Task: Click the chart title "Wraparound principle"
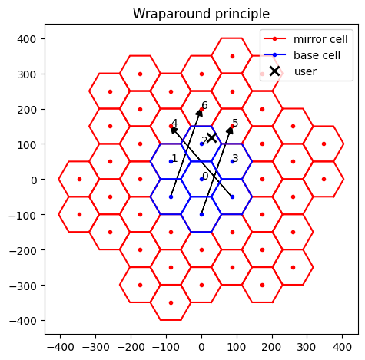point(201,14)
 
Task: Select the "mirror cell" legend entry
point(306,39)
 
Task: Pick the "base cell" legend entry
point(302,55)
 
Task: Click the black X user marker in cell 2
point(212,138)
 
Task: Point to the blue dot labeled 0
point(201,179)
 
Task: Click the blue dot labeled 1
point(171,162)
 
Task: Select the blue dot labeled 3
point(232,162)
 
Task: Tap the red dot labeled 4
point(171,127)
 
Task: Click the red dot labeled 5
point(232,127)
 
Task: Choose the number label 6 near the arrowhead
point(204,105)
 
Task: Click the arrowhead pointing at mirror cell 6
point(200,113)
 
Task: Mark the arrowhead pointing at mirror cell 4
point(174,130)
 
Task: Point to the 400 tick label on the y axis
point(27,39)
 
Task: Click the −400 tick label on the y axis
point(22,321)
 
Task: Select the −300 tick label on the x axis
point(95,347)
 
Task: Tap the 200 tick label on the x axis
point(272,347)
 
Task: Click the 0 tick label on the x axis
point(201,347)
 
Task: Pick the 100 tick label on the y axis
point(27,145)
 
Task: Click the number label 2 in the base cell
point(204,140)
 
